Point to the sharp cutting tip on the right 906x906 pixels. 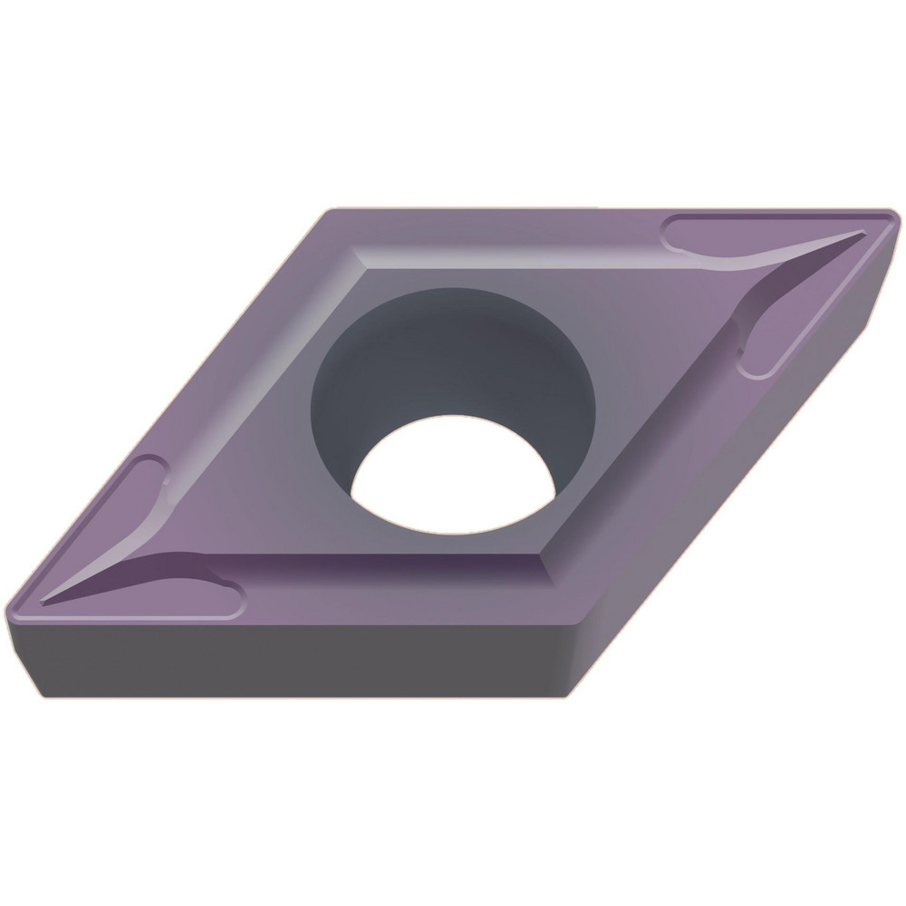(x=892, y=217)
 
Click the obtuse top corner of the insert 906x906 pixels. (x=328, y=212)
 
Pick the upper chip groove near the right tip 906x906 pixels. (x=725, y=237)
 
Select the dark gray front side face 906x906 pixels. (x=299, y=661)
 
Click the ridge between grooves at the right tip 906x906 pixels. (x=797, y=258)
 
